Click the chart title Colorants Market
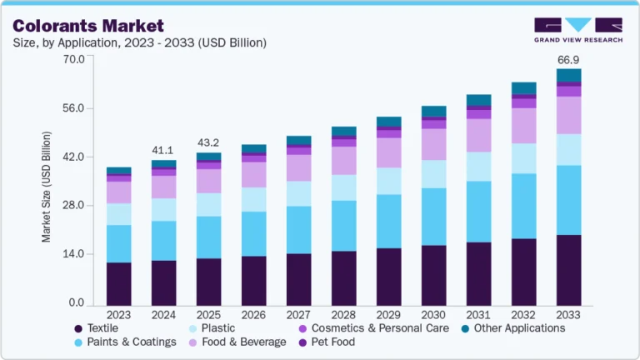pos(88,26)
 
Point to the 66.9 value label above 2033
pos(568,60)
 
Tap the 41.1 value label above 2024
pos(163,150)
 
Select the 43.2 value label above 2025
pos(208,142)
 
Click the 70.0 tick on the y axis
pos(73,59)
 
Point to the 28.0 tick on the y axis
pos(73,205)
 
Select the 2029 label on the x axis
pos(388,314)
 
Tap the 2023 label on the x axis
pos(118,314)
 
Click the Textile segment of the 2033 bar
pos(568,270)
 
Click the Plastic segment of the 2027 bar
pos(298,193)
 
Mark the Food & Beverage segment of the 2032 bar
pos(523,126)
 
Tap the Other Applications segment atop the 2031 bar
pos(478,100)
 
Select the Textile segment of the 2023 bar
pos(118,283)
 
